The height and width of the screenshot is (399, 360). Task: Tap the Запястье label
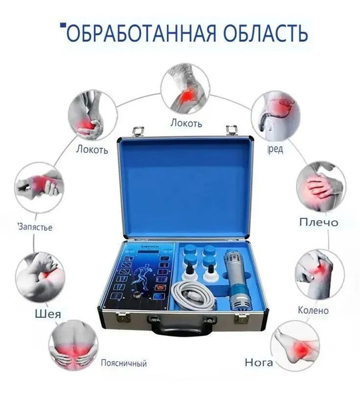(x=35, y=227)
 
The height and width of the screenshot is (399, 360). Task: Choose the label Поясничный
(x=122, y=363)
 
